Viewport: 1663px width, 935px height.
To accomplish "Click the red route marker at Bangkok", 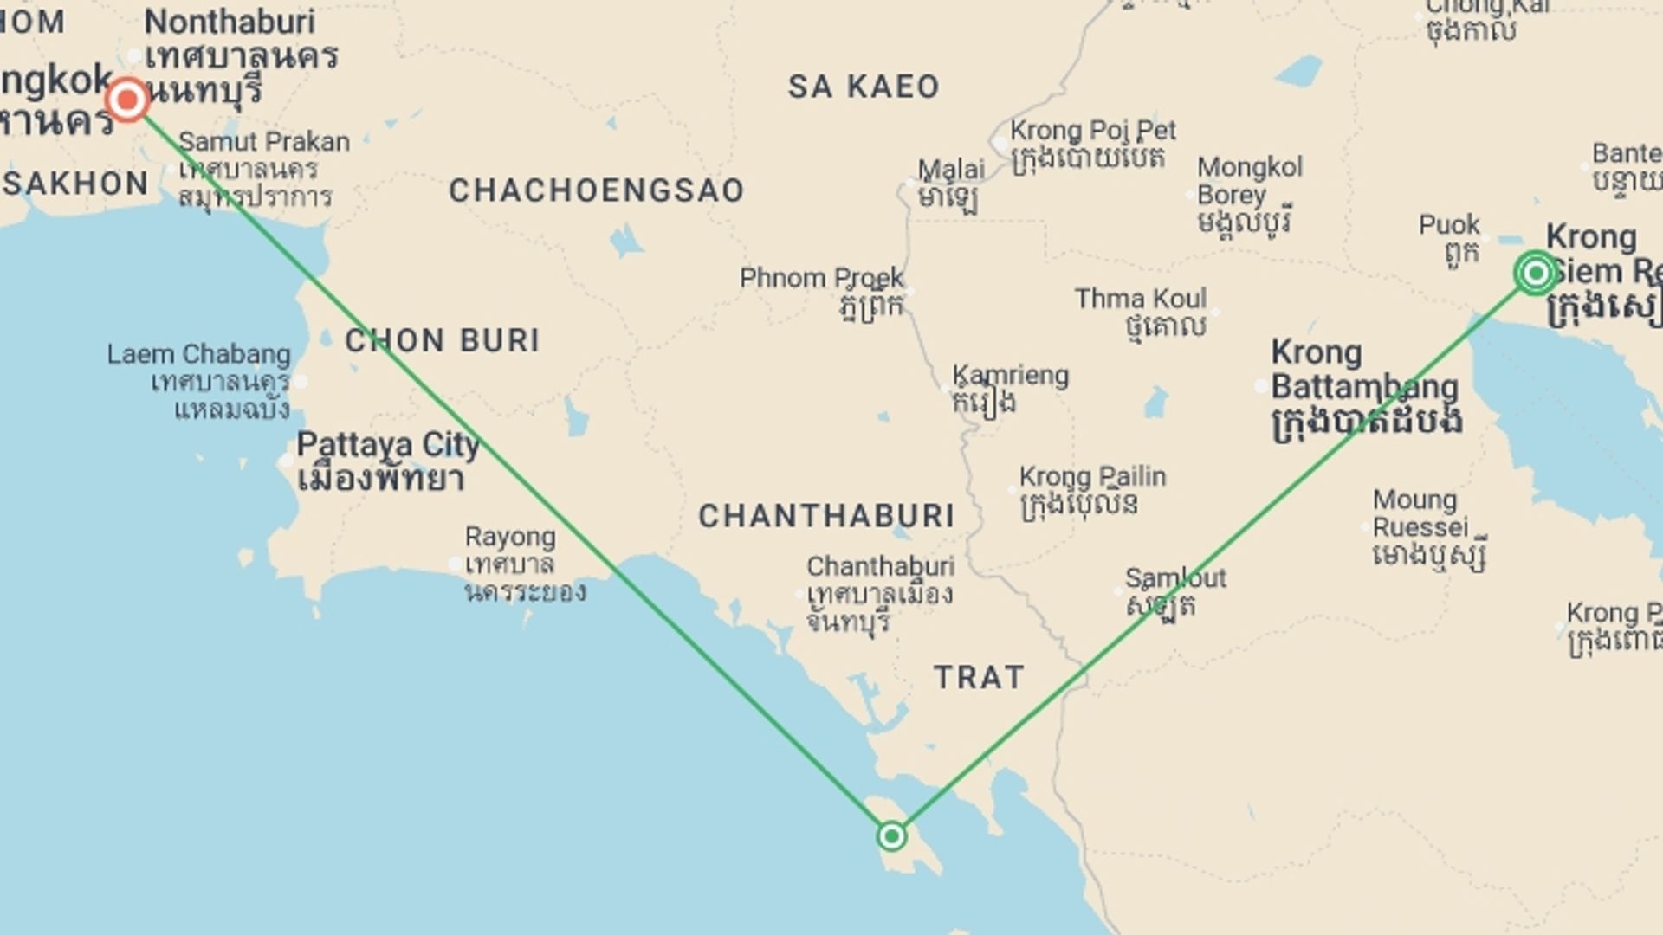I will (127, 100).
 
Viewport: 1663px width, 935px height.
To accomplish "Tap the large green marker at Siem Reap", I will (1536, 274).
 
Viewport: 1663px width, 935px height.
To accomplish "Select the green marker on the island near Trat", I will (891, 836).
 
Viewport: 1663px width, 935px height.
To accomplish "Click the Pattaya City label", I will (387, 446).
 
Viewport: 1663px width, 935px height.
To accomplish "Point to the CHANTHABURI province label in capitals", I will (826, 517).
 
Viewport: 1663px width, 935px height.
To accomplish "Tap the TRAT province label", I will (980, 677).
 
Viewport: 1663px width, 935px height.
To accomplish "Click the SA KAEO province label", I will (864, 87).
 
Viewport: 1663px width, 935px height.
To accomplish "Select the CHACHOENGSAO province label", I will (597, 191).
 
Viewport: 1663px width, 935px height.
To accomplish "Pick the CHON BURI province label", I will (443, 341).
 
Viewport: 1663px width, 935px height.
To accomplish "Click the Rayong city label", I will (510, 537).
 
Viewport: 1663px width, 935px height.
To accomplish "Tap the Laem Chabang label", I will (199, 355).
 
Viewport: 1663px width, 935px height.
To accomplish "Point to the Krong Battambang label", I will (1363, 371).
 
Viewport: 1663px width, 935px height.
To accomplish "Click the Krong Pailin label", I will (1092, 477).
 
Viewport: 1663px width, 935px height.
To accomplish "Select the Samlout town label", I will (1175, 578).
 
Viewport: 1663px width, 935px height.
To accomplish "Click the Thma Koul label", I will (1141, 300).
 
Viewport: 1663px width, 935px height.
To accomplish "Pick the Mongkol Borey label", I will (1249, 180).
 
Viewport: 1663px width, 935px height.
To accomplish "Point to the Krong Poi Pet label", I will (1093, 131).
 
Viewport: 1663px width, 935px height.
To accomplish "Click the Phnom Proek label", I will (821, 279).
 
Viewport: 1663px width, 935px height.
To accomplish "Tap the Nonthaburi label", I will (230, 23).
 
